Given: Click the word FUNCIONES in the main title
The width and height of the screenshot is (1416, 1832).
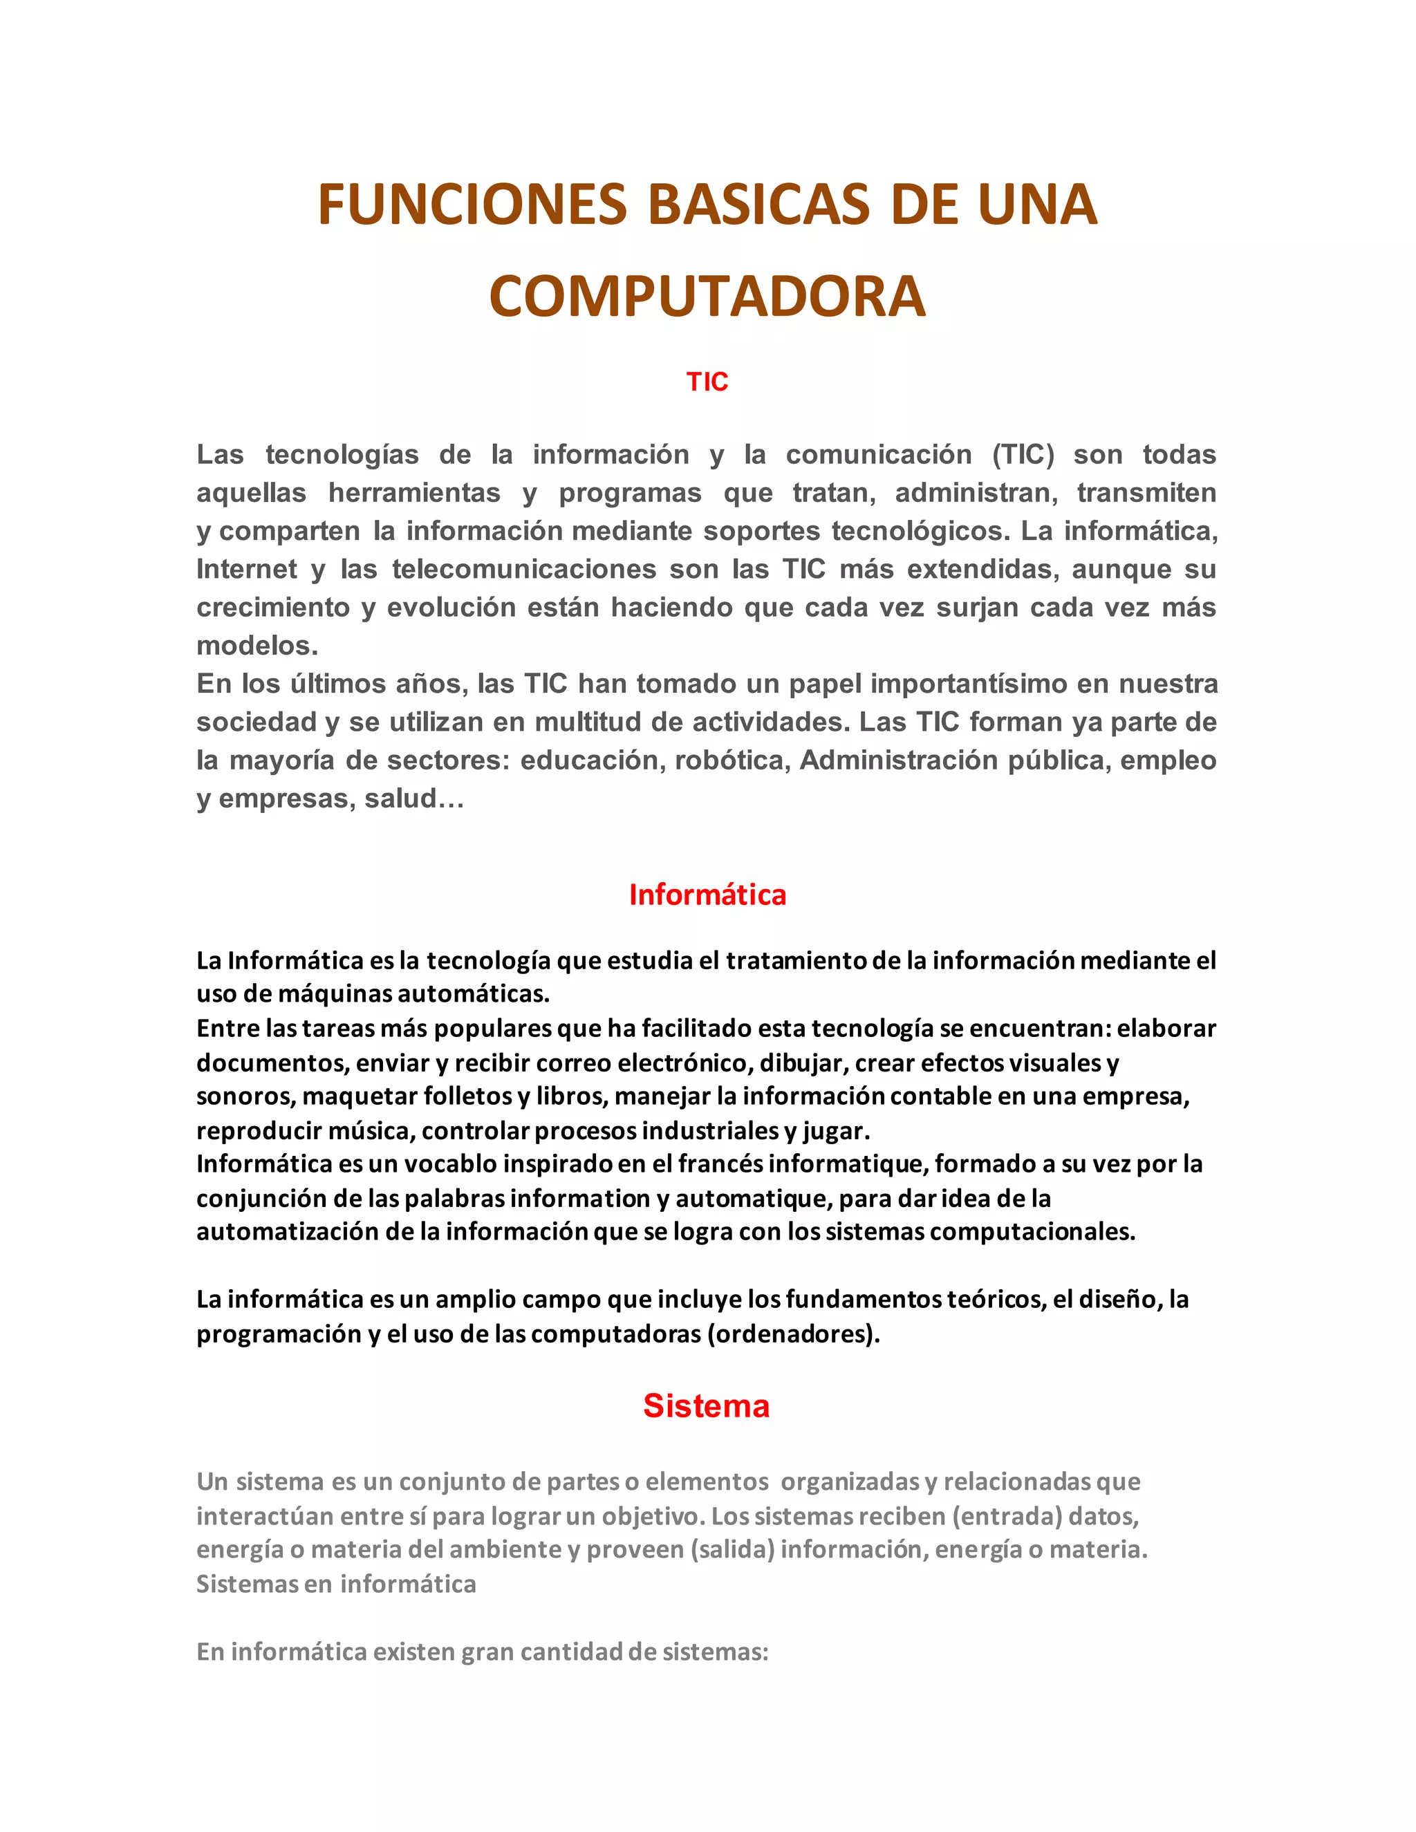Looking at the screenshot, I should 472,205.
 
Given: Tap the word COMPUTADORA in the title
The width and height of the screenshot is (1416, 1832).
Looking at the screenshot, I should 707,297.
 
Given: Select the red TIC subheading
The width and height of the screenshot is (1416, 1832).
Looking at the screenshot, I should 707,382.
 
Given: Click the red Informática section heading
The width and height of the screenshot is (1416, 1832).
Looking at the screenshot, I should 707,895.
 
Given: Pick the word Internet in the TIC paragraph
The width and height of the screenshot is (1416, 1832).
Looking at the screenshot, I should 247,570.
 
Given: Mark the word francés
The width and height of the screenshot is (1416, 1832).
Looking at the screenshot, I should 721,1164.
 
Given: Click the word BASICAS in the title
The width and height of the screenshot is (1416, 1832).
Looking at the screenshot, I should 758,205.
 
